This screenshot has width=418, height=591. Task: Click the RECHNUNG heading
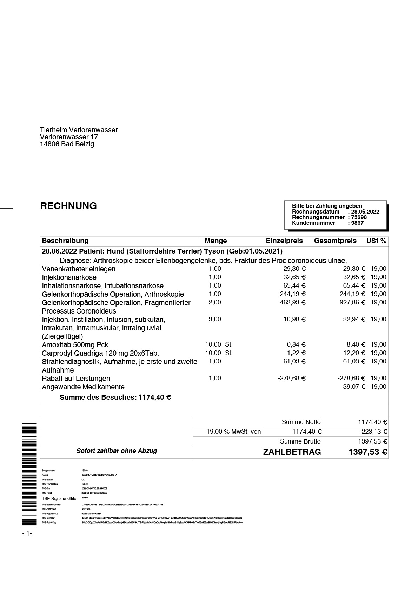[68, 206]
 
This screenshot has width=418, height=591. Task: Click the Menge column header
[215, 241]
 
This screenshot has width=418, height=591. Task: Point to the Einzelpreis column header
[284, 241]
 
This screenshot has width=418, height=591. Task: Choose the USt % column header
[376, 241]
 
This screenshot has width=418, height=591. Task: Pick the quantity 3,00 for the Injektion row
[215, 319]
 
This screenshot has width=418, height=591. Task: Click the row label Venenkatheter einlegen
[79, 269]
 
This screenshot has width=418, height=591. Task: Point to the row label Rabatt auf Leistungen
[76, 379]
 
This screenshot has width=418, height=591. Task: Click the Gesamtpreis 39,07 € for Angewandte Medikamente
[354, 387]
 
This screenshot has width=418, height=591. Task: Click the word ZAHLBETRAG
[292, 452]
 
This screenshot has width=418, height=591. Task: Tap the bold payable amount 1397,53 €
[368, 452]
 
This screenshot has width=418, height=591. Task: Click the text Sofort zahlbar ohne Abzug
[117, 451]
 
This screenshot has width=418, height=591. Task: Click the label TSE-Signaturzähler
[59, 499]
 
